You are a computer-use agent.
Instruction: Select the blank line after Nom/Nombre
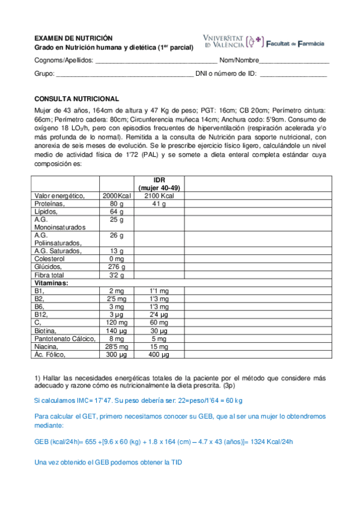point(294,61)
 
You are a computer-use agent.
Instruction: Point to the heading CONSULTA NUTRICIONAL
point(77,99)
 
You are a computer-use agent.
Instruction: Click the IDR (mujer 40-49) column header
point(159,183)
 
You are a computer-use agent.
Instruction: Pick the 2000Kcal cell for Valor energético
point(117,196)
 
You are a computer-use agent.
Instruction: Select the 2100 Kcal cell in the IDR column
point(159,196)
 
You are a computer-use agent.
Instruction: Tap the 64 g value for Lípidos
point(117,212)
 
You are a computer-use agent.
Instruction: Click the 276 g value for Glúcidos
point(117,266)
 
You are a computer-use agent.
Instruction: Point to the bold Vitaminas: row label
point(52,282)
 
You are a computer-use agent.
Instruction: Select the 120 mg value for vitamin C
point(117,322)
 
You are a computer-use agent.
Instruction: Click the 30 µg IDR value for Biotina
point(159,330)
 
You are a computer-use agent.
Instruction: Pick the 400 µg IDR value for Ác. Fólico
point(159,354)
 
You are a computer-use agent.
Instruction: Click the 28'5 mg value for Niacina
point(117,346)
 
